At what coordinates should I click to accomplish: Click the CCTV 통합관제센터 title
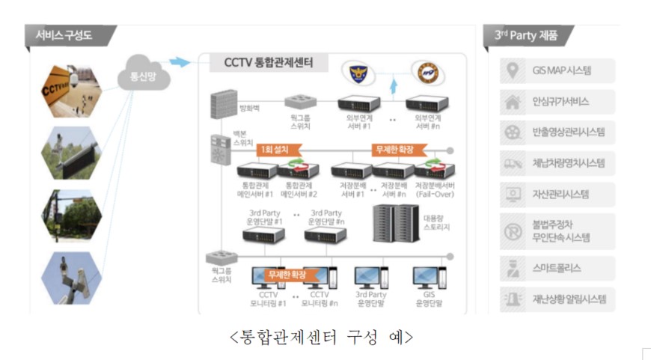(x=269, y=63)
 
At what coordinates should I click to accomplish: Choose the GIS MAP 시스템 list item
(x=557, y=71)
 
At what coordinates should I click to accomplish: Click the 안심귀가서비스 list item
(x=557, y=102)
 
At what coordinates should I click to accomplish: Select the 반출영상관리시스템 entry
(x=557, y=132)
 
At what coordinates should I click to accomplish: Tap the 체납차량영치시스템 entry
(x=557, y=163)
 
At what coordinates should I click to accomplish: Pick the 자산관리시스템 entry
(x=557, y=194)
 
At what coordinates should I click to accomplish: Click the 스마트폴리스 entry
(x=557, y=267)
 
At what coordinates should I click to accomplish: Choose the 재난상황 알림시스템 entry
(x=557, y=299)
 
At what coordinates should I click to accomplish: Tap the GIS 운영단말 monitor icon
(x=428, y=278)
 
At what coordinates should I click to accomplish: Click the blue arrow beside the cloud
(x=180, y=61)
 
